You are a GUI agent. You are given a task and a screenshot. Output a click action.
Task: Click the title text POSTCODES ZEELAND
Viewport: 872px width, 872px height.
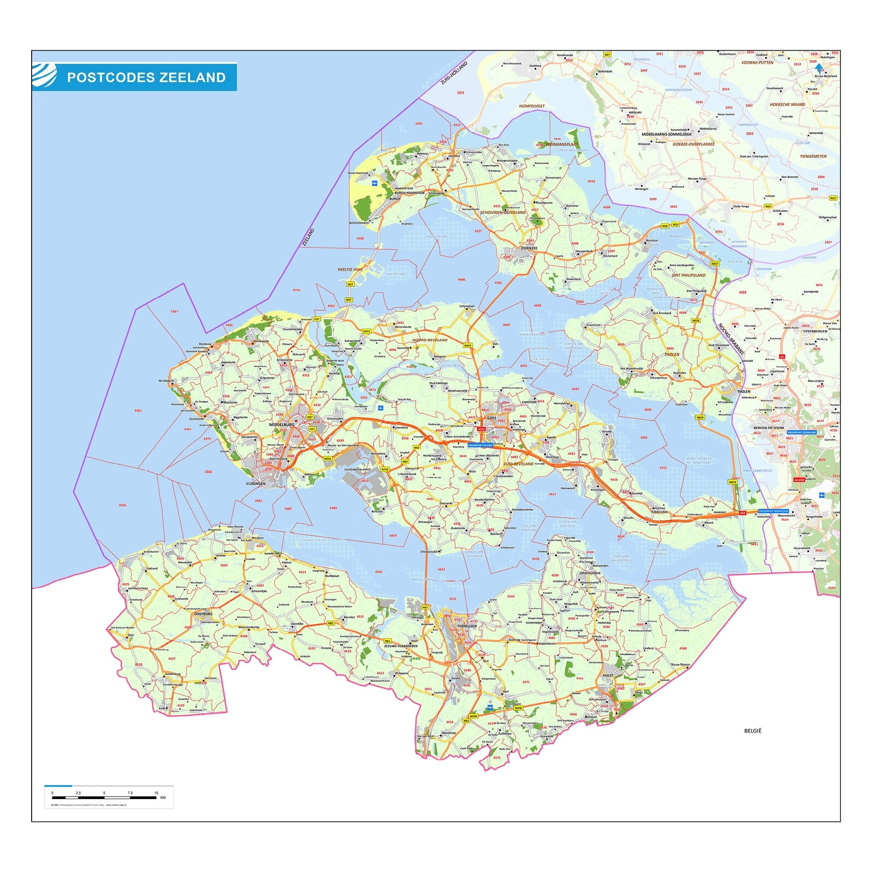click(146, 77)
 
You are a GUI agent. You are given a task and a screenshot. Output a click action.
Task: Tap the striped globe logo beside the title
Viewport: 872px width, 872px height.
click(44, 75)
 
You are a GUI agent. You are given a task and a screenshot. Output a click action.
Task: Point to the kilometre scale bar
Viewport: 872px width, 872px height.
click(104, 798)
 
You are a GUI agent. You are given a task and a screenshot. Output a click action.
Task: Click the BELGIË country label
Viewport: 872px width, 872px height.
click(753, 743)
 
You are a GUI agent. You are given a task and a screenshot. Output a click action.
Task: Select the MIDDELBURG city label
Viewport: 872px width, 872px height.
click(281, 425)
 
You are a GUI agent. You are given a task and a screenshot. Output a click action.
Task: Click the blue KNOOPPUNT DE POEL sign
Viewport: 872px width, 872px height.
click(481, 445)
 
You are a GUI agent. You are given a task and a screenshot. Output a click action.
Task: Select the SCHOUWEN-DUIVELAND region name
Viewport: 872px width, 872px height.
click(503, 212)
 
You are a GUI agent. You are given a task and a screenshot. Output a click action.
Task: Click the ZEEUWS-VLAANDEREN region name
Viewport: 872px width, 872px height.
click(400, 646)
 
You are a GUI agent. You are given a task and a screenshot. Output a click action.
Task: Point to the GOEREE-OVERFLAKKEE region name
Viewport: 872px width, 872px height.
click(693, 145)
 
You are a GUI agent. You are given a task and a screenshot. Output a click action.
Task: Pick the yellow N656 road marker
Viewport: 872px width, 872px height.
click(695, 320)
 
